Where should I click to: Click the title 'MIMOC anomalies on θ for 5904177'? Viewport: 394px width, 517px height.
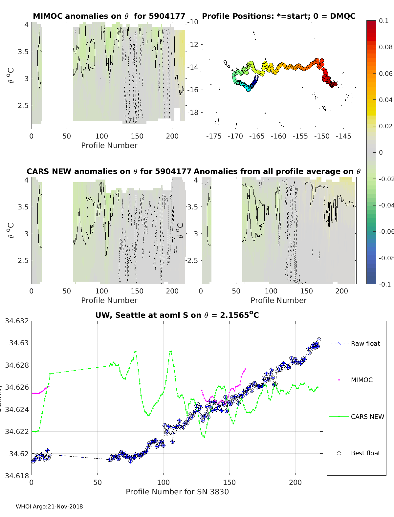click(109, 16)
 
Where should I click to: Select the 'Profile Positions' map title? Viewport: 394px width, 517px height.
click(278, 16)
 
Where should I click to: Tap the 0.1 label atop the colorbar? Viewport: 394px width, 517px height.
click(383, 21)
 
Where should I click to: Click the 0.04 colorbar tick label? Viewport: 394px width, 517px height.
click(385, 100)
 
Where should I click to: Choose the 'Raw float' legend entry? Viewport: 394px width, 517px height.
click(365, 343)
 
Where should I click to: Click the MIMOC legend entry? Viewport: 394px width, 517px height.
click(361, 380)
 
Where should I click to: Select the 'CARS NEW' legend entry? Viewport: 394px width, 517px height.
click(367, 417)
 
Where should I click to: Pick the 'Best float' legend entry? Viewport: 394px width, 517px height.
click(365, 453)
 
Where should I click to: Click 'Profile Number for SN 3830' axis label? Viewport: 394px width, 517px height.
click(177, 492)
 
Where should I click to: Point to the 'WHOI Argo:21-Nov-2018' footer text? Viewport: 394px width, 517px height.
click(49, 506)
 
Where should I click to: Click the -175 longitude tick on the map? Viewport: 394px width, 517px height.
click(214, 136)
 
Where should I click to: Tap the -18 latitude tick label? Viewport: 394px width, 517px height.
click(193, 112)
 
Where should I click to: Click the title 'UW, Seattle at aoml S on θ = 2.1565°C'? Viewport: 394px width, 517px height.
click(177, 315)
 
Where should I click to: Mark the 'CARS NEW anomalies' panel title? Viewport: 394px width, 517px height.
click(109, 171)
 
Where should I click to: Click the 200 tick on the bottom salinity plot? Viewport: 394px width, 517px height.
click(295, 482)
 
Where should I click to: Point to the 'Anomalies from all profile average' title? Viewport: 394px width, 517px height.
click(277, 171)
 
